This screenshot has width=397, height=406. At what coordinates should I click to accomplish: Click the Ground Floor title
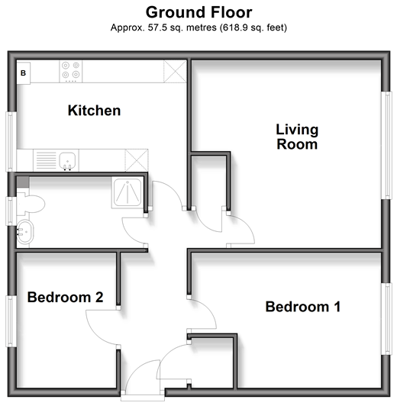pyautogui.click(x=198, y=12)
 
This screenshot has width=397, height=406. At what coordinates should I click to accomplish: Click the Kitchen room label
pyautogui.click(x=94, y=111)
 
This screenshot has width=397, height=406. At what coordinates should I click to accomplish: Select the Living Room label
pyautogui.click(x=297, y=137)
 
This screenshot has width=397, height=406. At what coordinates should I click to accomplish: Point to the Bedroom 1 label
pyautogui.click(x=303, y=307)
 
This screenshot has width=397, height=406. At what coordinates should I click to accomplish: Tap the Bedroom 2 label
pyautogui.click(x=65, y=297)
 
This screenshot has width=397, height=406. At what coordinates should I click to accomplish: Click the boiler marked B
pyautogui.click(x=24, y=73)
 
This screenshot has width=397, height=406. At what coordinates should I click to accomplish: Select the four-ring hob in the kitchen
pyautogui.click(x=71, y=72)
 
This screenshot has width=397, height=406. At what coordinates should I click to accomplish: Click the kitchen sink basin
pyautogui.click(x=67, y=162)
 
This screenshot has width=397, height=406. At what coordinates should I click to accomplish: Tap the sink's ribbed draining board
pyautogui.click(x=46, y=160)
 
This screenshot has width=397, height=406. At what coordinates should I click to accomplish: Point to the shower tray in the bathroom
pyautogui.click(x=127, y=192)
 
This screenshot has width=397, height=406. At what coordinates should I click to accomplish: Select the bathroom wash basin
pyautogui.click(x=25, y=232)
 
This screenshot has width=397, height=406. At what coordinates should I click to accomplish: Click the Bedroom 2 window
pyautogui.click(x=11, y=321)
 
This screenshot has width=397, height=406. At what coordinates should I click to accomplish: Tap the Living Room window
pyautogui.click(x=387, y=145)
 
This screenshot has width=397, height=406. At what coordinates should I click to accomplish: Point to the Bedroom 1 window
pyautogui.click(x=386, y=319)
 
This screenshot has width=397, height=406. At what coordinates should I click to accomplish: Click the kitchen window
pyautogui.click(x=11, y=142)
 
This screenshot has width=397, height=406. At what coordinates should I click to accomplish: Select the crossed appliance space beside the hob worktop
pyautogui.click(x=175, y=72)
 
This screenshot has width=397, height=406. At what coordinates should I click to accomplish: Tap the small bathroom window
pyautogui.click(x=11, y=211)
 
